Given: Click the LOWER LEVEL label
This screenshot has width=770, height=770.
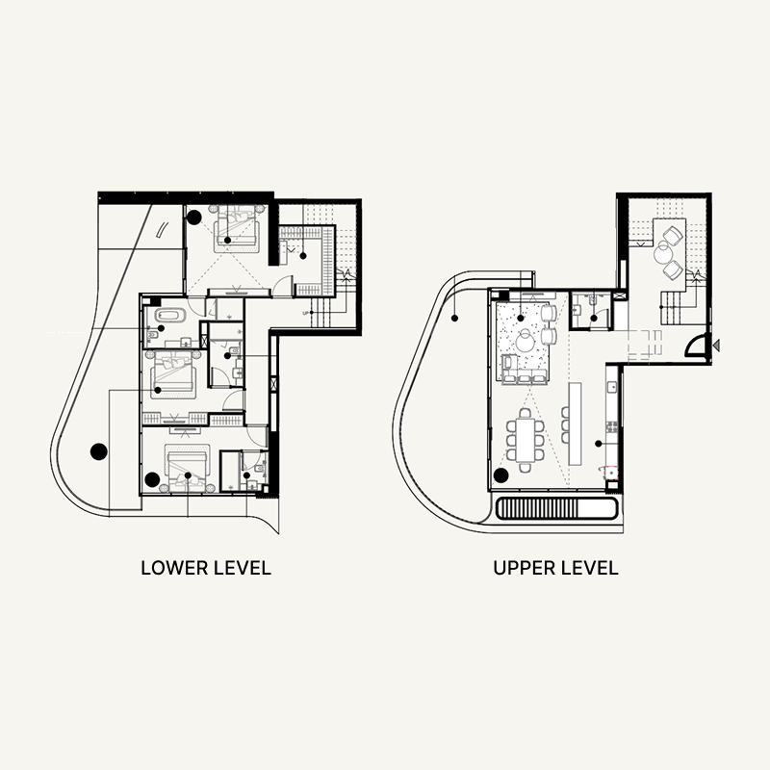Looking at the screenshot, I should [206, 568].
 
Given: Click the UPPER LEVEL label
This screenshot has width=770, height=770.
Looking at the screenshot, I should [555, 568].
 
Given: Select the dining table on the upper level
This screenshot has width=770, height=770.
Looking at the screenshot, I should [525, 438].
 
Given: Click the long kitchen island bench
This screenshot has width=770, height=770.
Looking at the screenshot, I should [577, 423].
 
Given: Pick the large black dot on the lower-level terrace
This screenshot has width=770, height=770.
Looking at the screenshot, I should [97, 449].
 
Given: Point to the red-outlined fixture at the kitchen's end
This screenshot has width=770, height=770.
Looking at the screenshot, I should [608, 472].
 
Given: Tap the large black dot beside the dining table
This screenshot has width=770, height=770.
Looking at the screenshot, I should [500, 475].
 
